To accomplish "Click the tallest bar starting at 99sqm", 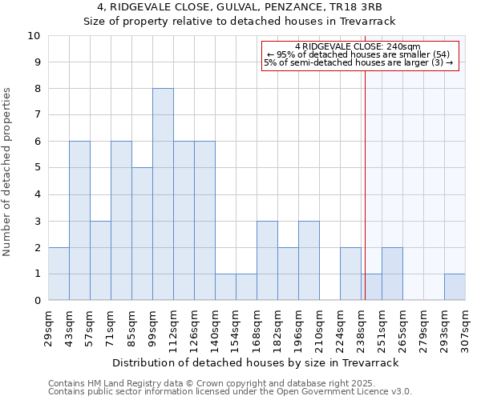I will coord(163,194).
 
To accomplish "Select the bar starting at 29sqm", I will coord(59,274).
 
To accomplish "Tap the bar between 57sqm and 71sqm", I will coord(100,261).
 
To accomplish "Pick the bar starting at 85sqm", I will coord(142,234).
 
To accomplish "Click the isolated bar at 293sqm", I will coord(455,287).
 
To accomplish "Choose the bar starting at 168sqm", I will coord(267,261).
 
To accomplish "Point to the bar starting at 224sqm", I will coord(350,274).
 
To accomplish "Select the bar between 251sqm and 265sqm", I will coord(392,274).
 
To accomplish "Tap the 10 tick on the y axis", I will coord(34,36).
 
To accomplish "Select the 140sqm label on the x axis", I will coord(216,325).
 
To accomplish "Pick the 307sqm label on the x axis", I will coord(465,325).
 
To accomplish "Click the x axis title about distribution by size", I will coord(255,362).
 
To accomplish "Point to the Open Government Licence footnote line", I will coord(230,392).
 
